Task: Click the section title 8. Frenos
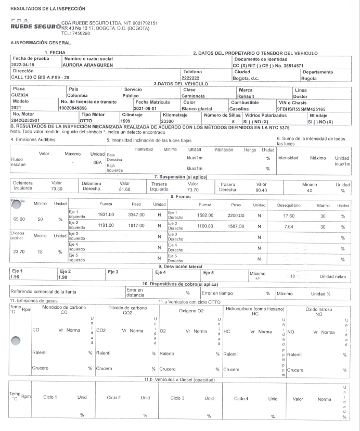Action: pos(180,196)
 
